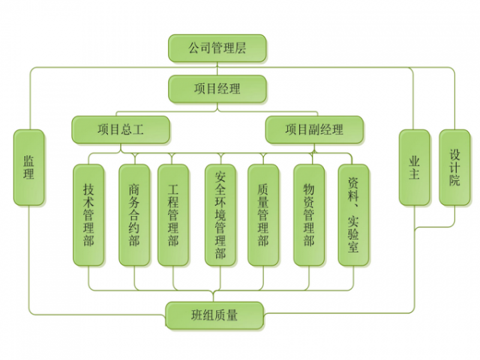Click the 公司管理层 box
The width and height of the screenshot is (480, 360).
[x=217, y=48]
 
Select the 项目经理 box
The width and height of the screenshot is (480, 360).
[x=217, y=88]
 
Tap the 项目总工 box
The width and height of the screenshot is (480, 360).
[x=121, y=129]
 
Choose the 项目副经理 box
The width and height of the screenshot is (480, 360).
[x=314, y=129]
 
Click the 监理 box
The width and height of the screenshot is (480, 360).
[x=29, y=167]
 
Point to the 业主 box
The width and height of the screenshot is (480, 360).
[x=415, y=167]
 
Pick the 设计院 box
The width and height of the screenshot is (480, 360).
[x=455, y=167]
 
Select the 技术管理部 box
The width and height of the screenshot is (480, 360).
[x=89, y=215]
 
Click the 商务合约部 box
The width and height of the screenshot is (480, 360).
[x=134, y=215]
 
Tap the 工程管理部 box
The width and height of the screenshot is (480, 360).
[x=173, y=215]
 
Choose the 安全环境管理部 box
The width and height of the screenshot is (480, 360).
[x=221, y=215]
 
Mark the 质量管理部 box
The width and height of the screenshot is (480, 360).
[x=263, y=215]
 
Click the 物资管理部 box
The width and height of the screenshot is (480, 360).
[x=309, y=215]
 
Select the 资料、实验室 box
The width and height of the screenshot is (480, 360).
[x=353, y=215]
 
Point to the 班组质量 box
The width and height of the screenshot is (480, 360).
[x=214, y=315]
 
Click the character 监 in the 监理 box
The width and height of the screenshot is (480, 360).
[x=29, y=160]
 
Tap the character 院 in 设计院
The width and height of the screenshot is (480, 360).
[x=455, y=181]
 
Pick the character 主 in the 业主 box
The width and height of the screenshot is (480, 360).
[x=415, y=175]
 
